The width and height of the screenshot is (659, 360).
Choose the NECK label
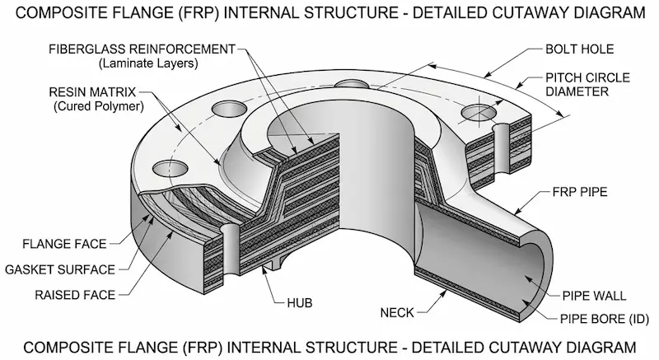[398, 312]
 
